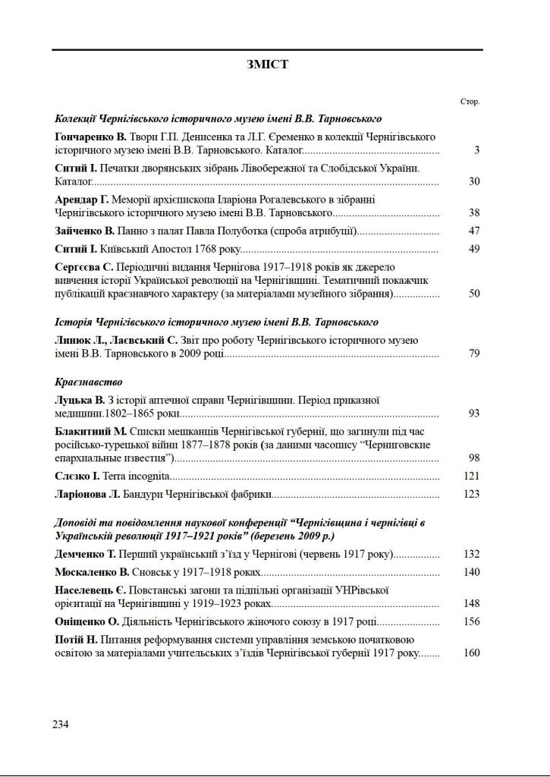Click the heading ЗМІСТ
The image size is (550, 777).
click(267, 64)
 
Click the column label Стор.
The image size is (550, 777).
click(470, 101)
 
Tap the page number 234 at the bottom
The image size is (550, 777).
click(61, 724)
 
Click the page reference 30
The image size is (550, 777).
click(474, 181)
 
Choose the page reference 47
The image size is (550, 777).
click(474, 231)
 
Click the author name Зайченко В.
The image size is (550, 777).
click(83, 231)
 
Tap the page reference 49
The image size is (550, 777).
click(474, 249)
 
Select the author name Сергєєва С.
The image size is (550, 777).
click(84, 266)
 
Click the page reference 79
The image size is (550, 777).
click(474, 354)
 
